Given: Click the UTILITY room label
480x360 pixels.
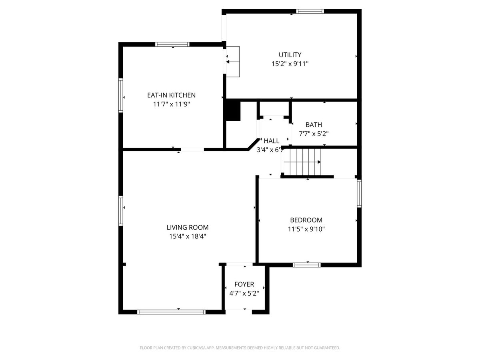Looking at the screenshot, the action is pyautogui.click(x=290, y=55).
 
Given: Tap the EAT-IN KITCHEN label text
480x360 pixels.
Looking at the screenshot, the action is pyautogui.click(x=171, y=95).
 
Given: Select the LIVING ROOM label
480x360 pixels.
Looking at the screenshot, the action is pyautogui.click(x=188, y=227).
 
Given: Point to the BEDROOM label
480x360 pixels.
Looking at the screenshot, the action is pyautogui.click(x=306, y=220).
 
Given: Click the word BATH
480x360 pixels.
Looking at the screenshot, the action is pyautogui.click(x=314, y=124).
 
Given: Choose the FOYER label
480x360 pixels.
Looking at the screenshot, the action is pyautogui.click(x=244, y=284).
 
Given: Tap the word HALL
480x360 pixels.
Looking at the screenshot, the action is pyautogui.click(x=271, y=141).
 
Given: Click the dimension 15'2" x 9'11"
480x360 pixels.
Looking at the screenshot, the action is pyautogui.click(x=290, y=64).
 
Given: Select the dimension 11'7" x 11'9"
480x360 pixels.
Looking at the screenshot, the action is pyautogui.click(x=171, y=104).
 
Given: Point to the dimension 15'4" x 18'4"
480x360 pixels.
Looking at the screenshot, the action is pyautogui.click(x=188, y=236).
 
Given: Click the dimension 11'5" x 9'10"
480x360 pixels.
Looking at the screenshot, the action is pyautogui.click(x=306, y=229).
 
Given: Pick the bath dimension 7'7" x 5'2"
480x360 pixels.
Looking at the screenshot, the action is pyautogui.click(x=314, y=134).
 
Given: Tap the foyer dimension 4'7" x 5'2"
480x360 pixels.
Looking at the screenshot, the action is pyautogui.click(x=244, y=293).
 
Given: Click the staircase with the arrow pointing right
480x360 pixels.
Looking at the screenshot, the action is pyautogui.click(x=302, y=162).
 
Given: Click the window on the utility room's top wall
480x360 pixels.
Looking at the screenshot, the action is pyautogui.click(x=310, y=11).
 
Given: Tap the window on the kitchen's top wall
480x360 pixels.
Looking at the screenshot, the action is pyautogui.click(x=172, y=44).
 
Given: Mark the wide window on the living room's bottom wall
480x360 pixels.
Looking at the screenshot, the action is pyautogui.click(x=172, y=312).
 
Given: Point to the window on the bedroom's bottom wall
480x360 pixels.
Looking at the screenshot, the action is pyautogui.click(x=307, y=265).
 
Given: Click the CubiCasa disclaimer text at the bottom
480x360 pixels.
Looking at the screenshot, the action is pyautogui.click(x=240, y=348).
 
